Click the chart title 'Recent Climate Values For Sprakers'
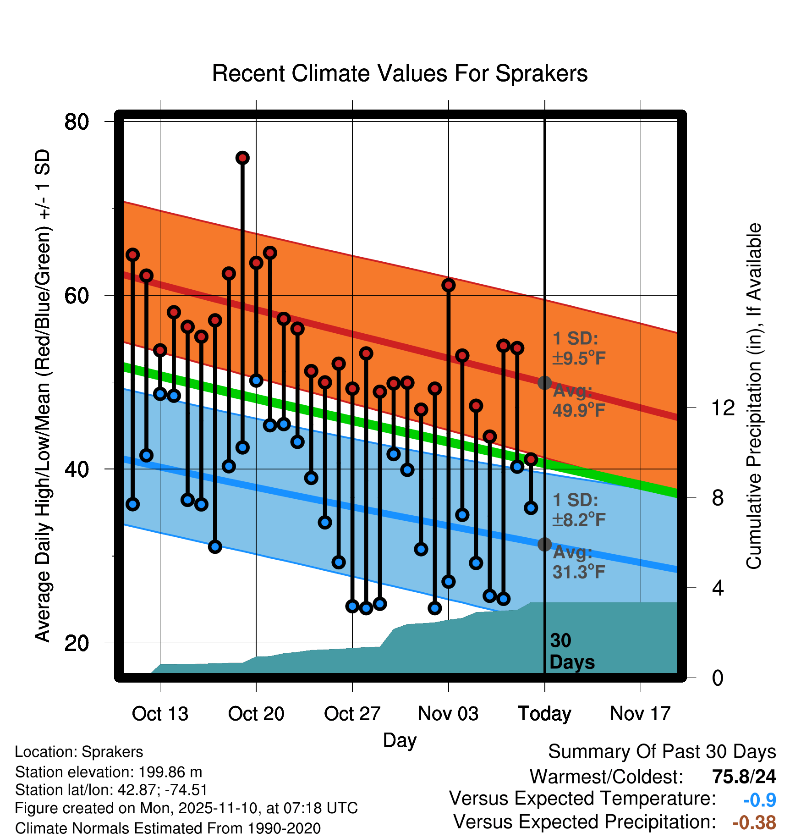pyautogui.click(x=400, y=73)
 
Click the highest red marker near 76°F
pyautogui.click(x=242, y=158)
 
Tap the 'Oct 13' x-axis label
pyautogui.click(x=160, y=714)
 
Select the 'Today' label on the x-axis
pyautogui.click(x=544, y=714)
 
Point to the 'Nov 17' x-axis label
pyautogui.click(x=640, y=714)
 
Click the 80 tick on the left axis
pyautogui.click(x=77, y=122)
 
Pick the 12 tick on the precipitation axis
pyautogui.click(x=723, y=408)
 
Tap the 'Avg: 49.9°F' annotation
pyautogui.click(x=578, y=401)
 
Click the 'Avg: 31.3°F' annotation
pyautogui.click(x=578, y=562)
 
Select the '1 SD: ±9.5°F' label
pyautogui.click(x=578, y=348)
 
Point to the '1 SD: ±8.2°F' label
pyautogui.click(x=578, y=510)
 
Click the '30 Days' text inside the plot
pyautogui.click(x=571, y=651)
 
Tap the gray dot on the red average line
pyautogui.click(x=544, y=383)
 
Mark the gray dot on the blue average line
pyautogui.click(x=544, y=544)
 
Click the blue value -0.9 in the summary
pyautogui.click(x=759, y=800)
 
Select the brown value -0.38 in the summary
pyautogui.click(x=754, y=822)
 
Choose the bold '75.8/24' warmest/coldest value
pyautogui.click(x=744, y=777)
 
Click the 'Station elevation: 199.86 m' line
pyautogui.click(x=109, y=772)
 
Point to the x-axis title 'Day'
pyautogui.click(x=400, y=740)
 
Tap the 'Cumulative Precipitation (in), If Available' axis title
pyautogui.click(x=754, y=397)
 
